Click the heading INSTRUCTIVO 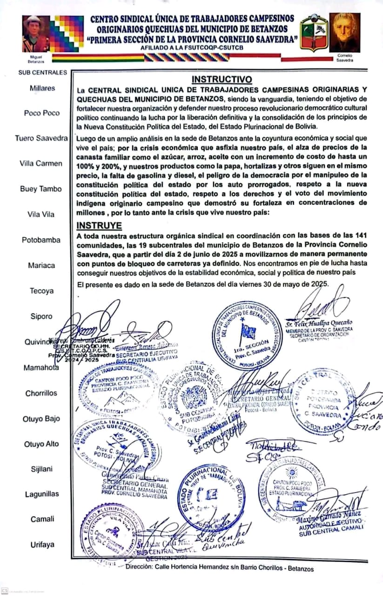222,79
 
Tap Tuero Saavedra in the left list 41,138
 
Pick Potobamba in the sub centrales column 41,240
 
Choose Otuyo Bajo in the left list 41,419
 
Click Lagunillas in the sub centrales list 42,494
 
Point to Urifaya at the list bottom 42,544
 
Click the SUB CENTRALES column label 43,72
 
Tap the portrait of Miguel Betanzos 36,34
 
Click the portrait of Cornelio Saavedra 344,32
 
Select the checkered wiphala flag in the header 67,34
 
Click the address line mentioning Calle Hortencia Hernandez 219,569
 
